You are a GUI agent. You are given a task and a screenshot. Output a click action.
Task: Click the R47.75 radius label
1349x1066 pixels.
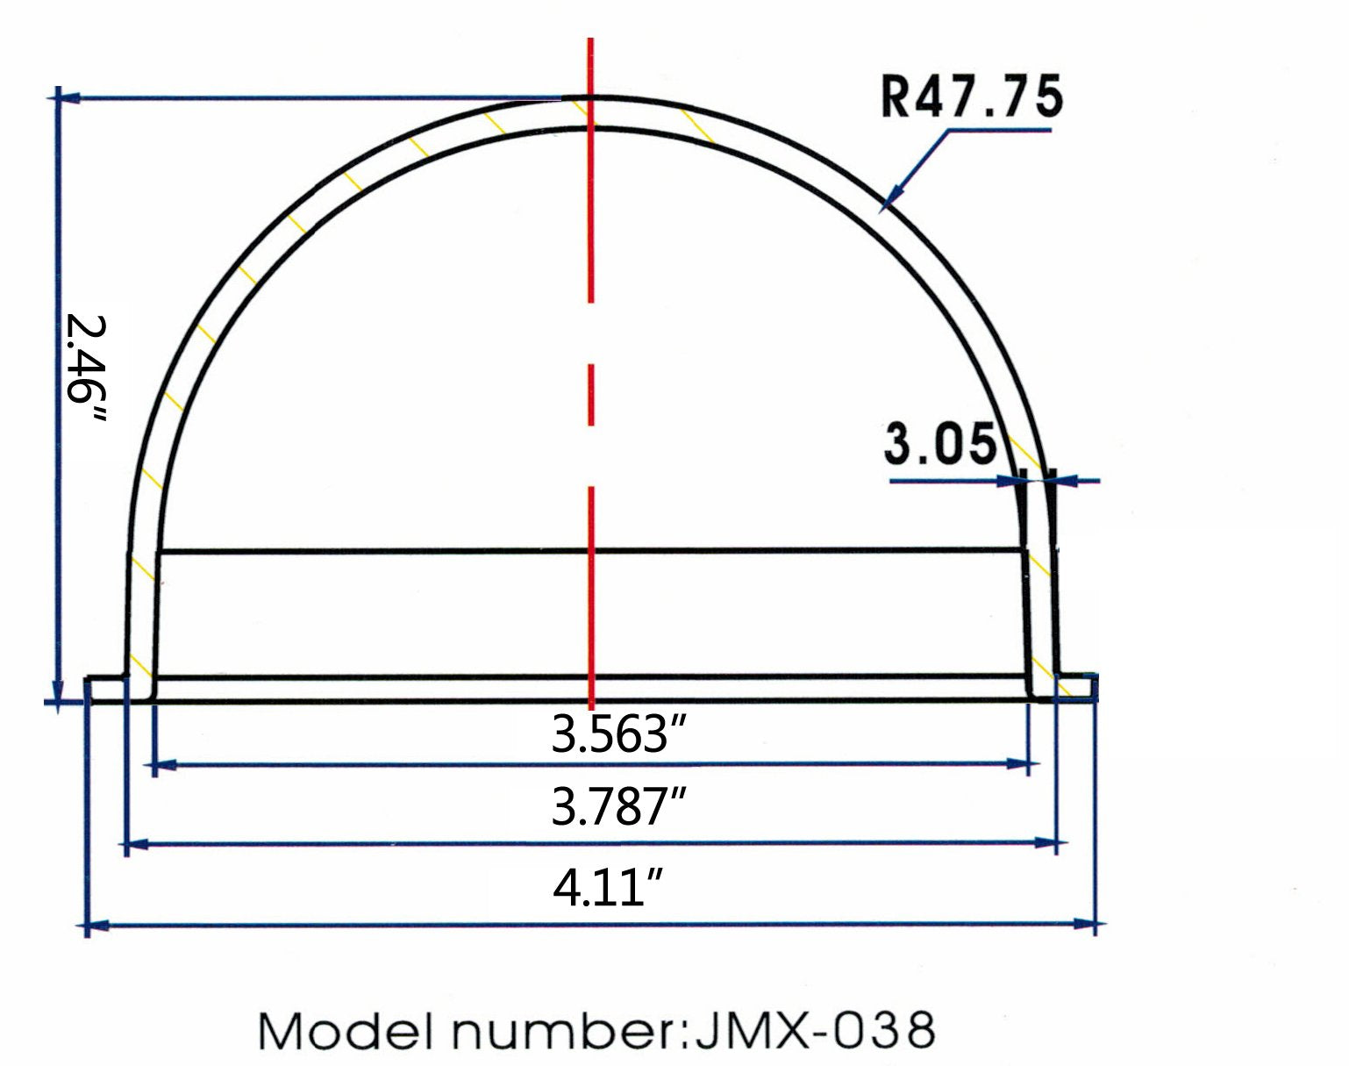click(971, 97)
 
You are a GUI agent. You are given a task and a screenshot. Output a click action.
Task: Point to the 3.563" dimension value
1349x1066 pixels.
click(617, 733)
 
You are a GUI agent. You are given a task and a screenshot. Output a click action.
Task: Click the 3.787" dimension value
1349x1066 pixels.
click(617, 807)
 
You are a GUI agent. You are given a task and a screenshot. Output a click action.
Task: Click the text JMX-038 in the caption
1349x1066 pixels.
click(814, 1030)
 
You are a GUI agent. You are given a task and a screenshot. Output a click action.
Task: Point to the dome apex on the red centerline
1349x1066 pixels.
click(591, 97)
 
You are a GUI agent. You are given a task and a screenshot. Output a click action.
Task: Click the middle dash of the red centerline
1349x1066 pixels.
click(592, 394)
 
